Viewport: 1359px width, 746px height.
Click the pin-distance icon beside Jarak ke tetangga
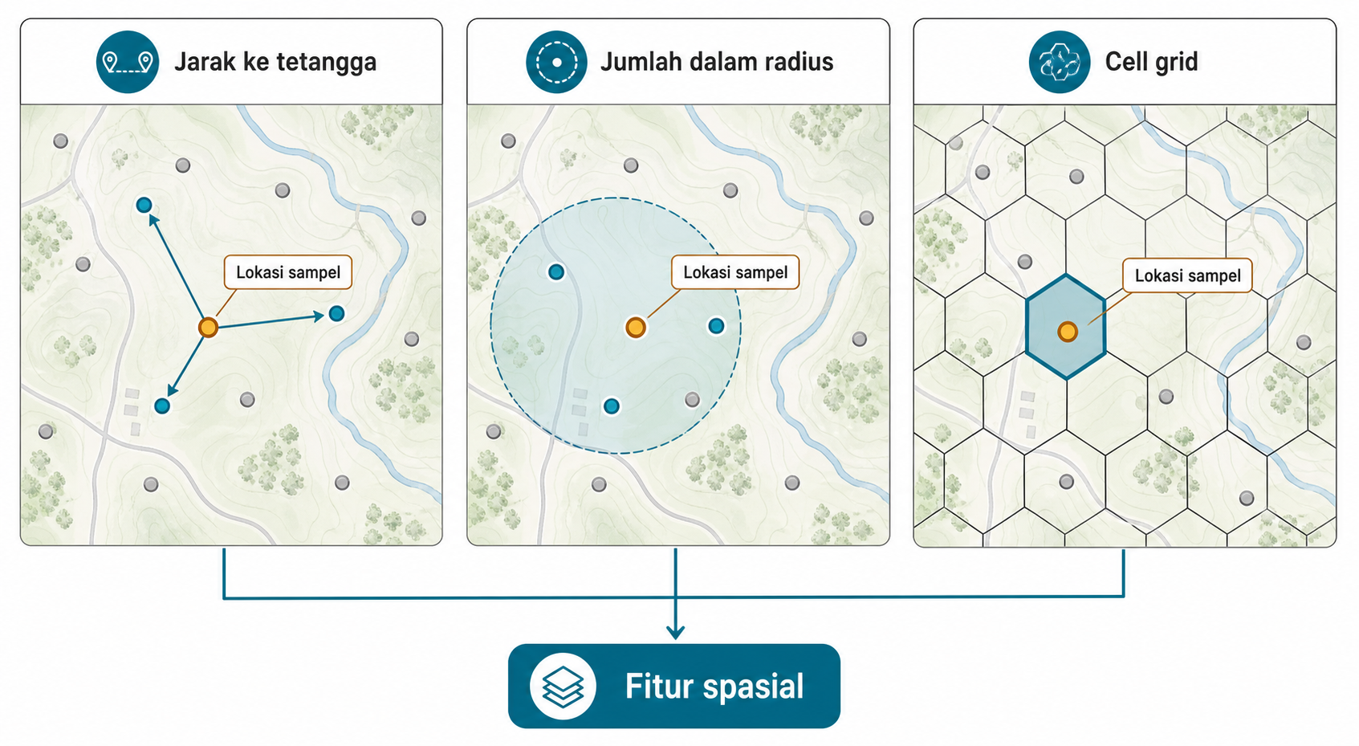coord(128,62)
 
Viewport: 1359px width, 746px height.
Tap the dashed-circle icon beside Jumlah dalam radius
coord(556,62)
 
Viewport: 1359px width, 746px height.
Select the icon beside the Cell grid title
coord(1060,62)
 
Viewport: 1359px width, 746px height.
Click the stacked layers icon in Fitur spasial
coord(563,686)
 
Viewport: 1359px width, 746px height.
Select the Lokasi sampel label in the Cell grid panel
coord(1187,275)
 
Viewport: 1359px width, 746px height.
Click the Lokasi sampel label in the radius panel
coord(735,272)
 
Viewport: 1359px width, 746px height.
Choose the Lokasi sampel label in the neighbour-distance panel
coord(288,272)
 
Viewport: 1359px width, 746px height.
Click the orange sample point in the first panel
coord(208,327)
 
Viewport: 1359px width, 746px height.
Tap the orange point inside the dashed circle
coord(635,327)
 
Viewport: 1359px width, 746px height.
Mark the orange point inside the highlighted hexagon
coord(1067,332)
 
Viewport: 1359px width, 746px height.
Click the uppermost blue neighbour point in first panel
coord(144,205)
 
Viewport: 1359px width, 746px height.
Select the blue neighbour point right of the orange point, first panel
coord(336,313)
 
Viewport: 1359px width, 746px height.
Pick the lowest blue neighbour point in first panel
coord(162,406)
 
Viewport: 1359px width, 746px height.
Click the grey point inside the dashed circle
coord(692,399)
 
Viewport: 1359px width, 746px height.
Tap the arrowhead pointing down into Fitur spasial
coord(675,632)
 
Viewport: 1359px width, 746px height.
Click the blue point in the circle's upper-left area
coord(555,272)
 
